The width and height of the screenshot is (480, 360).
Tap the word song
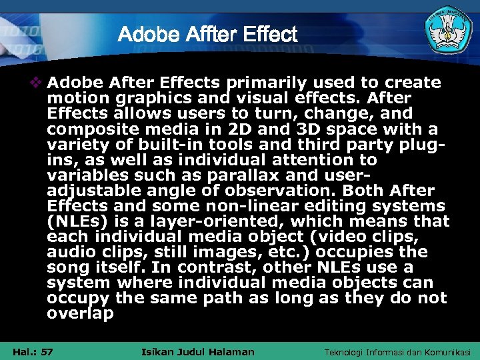click(65, 267)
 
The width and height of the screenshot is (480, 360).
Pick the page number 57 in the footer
click(47, 351)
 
